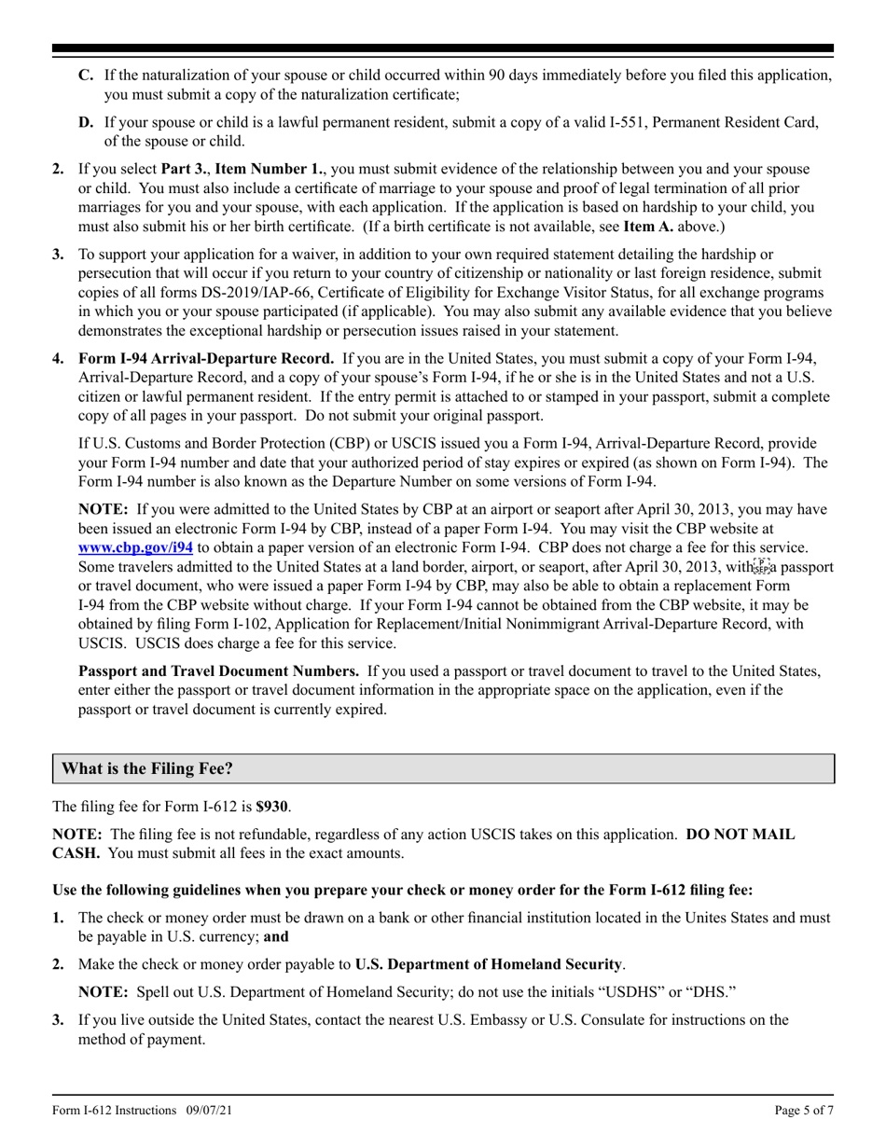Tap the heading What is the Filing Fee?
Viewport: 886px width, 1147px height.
[x=146, y=768]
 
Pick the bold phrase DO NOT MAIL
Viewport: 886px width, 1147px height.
[x=741, y=834]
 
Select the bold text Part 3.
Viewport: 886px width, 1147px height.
[x=189, y=169]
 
